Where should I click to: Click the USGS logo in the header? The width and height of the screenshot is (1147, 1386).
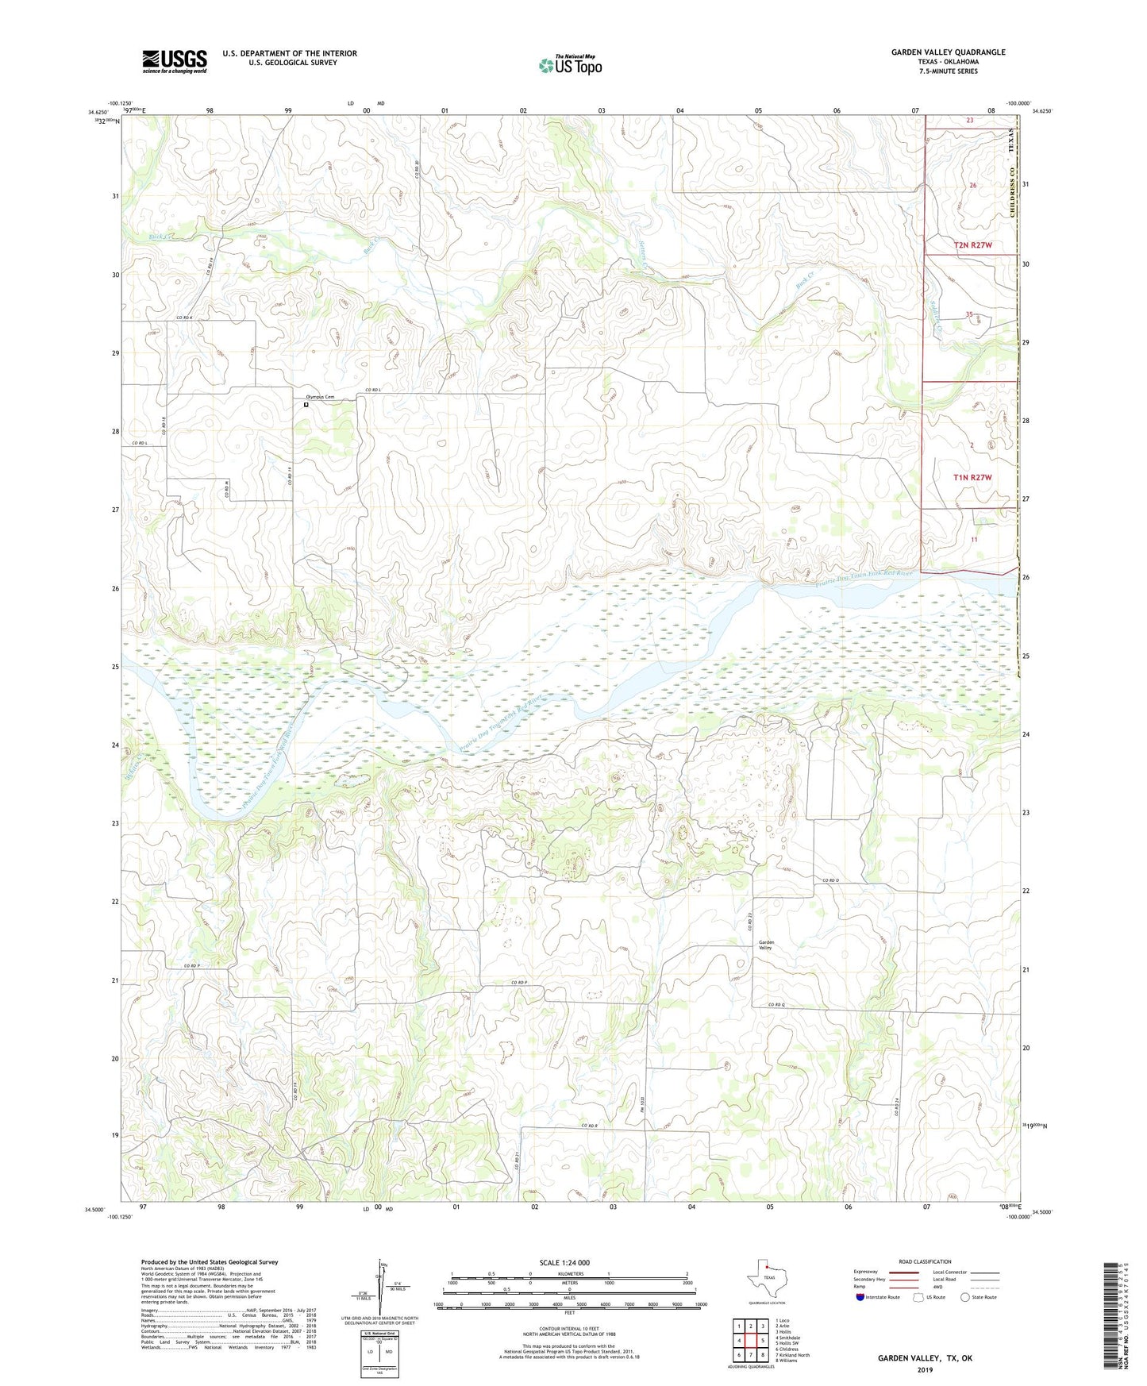[x=175, y=61]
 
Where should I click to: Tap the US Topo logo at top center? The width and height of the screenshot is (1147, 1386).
[x=570, y=64]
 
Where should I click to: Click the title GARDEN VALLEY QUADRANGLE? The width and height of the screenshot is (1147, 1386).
[x=948, y=52]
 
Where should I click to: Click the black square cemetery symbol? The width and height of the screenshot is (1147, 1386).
[x=306, y=405]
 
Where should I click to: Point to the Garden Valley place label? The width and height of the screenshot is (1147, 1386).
[x=766, y=945]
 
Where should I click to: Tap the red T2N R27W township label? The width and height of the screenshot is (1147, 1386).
[x=972, y=245]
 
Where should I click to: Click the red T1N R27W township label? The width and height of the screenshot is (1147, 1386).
[x=972, y=477]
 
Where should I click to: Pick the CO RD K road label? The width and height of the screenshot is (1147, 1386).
[x=184, y=318]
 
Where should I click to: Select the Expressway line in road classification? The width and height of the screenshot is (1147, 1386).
[x=904, y=1272]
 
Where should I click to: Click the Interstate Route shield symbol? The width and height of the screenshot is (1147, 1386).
[x=860, y=1297]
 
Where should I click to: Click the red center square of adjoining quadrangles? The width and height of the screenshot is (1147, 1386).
[x=750, y=1341]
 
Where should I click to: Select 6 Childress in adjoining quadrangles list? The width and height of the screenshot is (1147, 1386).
[x=789, y=1349]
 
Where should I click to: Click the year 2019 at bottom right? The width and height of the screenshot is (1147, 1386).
[x=924, y=1369]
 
